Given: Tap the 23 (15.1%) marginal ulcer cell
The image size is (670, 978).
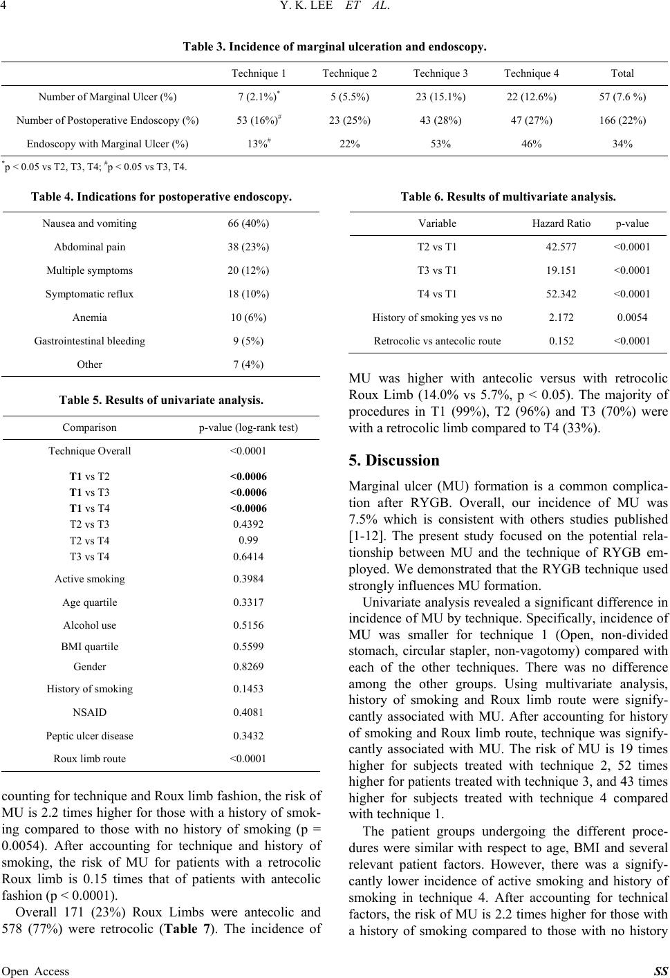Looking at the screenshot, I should [440, 97].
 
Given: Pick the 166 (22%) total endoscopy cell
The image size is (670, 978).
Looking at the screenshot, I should [622, 120].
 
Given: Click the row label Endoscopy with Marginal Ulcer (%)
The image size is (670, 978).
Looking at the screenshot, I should [107, 144].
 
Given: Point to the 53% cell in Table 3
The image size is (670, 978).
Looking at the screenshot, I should [440, 144].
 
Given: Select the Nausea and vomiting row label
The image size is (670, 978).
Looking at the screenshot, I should [90, 223].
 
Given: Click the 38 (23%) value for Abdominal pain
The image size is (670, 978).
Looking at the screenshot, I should [248, 247].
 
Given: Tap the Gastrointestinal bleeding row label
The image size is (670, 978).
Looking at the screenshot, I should [90, 340].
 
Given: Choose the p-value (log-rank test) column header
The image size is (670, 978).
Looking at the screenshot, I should [248, 427].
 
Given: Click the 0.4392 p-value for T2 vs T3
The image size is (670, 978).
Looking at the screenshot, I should [248, 524].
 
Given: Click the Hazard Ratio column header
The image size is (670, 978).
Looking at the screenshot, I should [561, 223].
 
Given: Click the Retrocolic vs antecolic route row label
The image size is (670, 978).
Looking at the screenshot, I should [438, 340].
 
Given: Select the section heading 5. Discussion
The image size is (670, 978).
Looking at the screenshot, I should [394, 461].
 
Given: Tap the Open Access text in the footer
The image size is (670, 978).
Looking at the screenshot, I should [35, 971].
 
